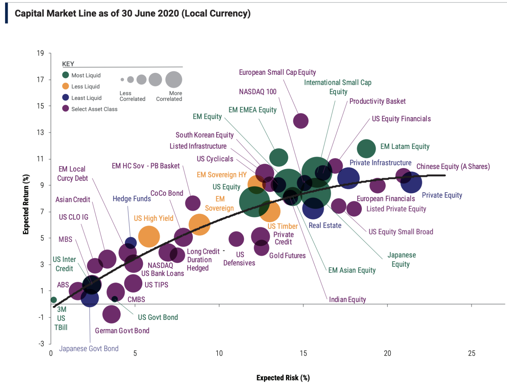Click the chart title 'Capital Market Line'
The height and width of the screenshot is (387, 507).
point(132,14)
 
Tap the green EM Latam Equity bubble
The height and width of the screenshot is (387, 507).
point(366,149)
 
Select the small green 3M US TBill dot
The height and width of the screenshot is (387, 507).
point(54,300)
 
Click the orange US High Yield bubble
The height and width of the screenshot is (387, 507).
point(149,236)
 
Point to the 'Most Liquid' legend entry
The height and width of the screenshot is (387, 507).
point(86,75)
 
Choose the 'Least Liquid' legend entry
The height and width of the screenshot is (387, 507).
point(86,98)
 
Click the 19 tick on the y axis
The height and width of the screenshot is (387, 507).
point(40,53)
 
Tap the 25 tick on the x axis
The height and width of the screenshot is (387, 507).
point(471,353)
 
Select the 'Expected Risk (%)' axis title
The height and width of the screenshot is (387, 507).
point(283,378)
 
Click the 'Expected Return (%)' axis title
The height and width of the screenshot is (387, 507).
point(26,204)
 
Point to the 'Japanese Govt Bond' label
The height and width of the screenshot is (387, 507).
point(89,349)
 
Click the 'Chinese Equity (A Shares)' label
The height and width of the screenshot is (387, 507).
point(453,166)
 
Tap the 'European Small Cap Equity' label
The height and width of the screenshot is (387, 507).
point(277,72)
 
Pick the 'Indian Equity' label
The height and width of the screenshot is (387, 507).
point(347,300)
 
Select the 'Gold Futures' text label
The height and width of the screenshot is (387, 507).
point(287,256)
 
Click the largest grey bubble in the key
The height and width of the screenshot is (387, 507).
point(174,80)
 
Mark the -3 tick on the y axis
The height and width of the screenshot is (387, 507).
point(41,344)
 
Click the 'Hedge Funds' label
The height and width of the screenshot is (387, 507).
point(132,199)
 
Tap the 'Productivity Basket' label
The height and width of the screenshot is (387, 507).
point(377,101)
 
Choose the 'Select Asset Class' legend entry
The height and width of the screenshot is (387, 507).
point(94,109)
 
